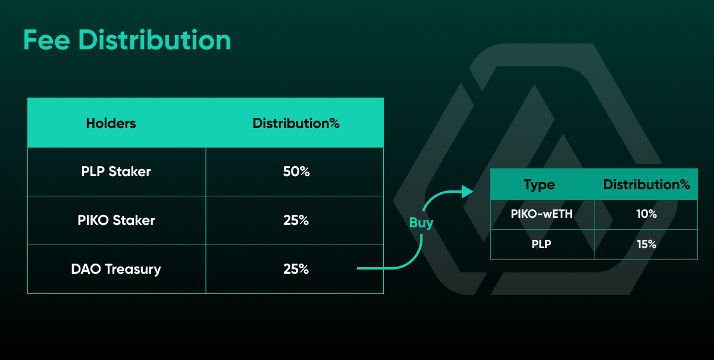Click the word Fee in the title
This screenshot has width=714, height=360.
(x=46, y=40)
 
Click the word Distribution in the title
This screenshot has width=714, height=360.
(x=155, y=40)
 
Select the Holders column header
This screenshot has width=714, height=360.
(x=111, y=123)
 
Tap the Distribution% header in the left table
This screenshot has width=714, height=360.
(x=296, y=123)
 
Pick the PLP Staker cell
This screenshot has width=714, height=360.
(x=116, y=171)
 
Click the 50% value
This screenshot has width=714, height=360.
(x=296, y=171)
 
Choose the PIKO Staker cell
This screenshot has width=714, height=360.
(x=117, y=220)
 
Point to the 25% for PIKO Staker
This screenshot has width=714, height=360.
(x=296, y=220)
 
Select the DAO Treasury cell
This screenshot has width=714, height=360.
(x=116, y=269)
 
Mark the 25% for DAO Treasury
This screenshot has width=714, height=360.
(x=296, y=269)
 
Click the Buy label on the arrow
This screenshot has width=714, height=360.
(x=421, y=223)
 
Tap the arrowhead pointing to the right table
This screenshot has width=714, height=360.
(x=467, y=192)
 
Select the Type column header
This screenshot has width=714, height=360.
(x=539, y=185)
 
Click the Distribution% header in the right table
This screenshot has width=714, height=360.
(x=646, y=184)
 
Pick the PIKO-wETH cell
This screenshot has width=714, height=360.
(x=541, y=214)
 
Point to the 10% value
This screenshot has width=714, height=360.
(x=646, y=214)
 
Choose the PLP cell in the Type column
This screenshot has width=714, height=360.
(x=541, y=244)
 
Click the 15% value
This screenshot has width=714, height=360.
(x=646, y=244)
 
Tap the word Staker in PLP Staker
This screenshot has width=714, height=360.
(x=130, y=171)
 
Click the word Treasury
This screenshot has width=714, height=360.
(x=133, y=270)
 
